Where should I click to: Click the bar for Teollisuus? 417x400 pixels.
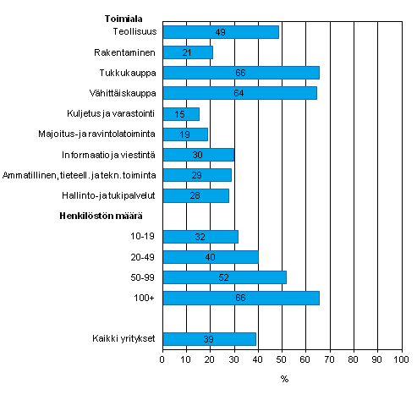pyautogui.click(x=220, y=32)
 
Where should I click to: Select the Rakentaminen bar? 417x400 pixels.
pyautogui.click(x=187, y=52)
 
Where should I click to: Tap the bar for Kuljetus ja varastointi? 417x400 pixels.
pyautogui.click(x=180, y=114)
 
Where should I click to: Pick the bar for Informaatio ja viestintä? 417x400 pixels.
pyautogui.click(x=198, y=155)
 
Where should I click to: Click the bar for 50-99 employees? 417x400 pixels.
pyautogui.click(x=224, y=277)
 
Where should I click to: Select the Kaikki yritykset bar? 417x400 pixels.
pyautogui.click(x=209, y=339)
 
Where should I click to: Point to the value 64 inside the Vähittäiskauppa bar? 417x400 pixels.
pyautogui.click(x=239, y=93)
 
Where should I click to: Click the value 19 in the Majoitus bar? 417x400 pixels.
pyautogui.click(x=185, y=134)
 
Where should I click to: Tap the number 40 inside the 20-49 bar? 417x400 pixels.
pyautogui.click(x=211, y=257)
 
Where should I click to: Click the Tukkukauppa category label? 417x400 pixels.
pyautogui.click(x=129, y=73)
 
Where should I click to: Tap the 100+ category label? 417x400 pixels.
pyautogui.click(x=145, y=299)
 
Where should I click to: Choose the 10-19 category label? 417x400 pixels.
pyautogui.click(x=142, y=237)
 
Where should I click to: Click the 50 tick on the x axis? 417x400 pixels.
pyautogui.click(x=281, y=359)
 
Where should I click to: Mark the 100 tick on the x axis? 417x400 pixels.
pyautogui.click(x=399, y=359)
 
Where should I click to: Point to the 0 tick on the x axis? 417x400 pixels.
pyautogui.click(x=162, y=359)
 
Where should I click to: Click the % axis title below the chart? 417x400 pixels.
pyautogui.click(x=284, y=378)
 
